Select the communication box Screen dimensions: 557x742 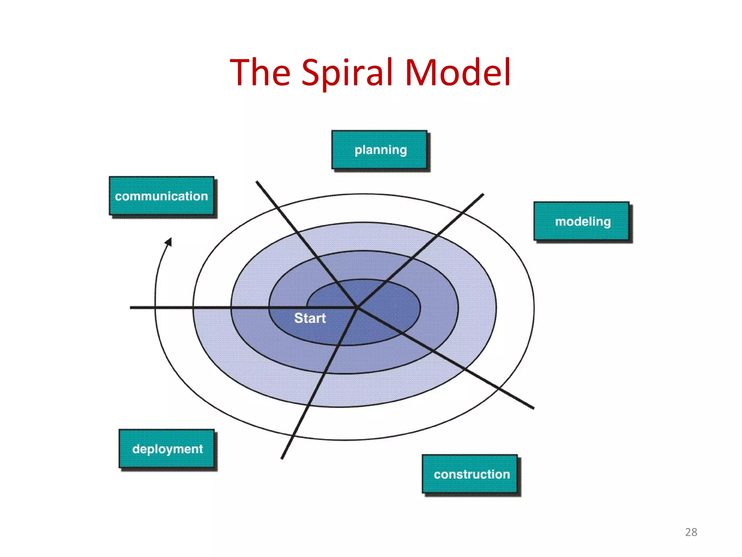coord(162,196)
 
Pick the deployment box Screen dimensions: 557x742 coord(167,449)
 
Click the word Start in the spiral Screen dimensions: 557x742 coord(310,318)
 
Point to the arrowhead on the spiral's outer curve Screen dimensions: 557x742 coord(169,242)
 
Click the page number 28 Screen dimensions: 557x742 coord(691,532)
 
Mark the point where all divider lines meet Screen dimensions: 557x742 coord(357,308)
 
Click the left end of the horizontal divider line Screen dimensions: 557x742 coord(131,308)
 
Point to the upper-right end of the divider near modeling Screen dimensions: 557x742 coord(483,195)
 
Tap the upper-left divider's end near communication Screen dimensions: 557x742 coord(257,182)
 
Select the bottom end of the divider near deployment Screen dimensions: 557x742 coord(282,458)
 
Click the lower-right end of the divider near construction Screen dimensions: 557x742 coord(533,408)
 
